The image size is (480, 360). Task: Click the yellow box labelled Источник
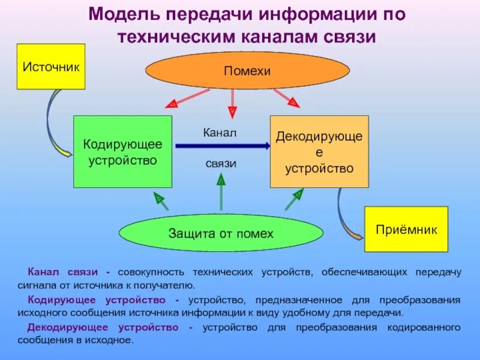(50, 66)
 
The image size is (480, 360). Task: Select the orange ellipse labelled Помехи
(248, 71)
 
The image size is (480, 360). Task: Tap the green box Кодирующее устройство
(122, 151)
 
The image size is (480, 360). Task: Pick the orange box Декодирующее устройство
(319, 151)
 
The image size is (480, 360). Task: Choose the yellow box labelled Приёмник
(406, 229)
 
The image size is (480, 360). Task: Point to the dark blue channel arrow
(222, 145)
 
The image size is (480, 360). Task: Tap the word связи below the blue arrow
(221, 163)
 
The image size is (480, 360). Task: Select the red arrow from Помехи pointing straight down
(232, 102)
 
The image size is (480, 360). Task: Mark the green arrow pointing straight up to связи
(221, 192)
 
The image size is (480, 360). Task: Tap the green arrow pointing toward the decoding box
(293, 200)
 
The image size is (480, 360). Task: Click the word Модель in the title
(124, 14)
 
